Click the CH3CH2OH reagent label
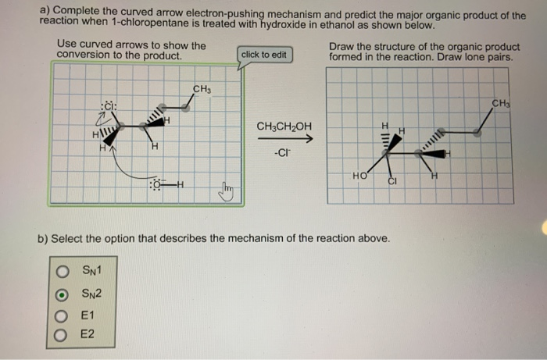click(284, 126)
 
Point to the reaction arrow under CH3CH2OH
click(285, 140)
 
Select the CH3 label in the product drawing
click(499, 103)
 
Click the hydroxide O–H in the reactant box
click(163, 184)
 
